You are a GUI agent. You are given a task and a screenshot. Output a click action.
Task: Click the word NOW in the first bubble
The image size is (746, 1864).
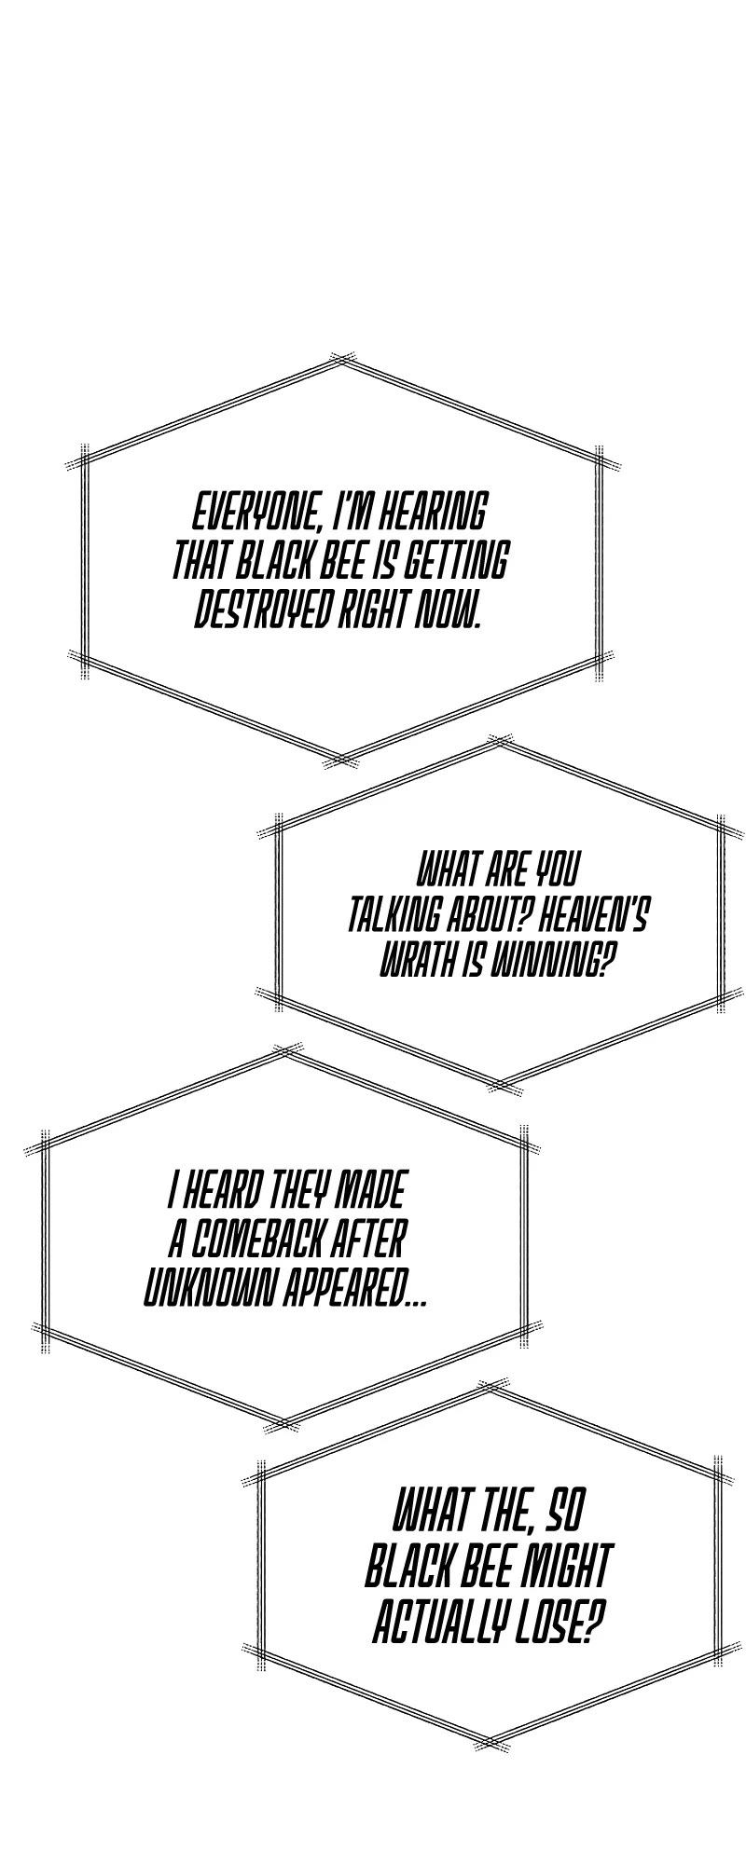tap(449, 610)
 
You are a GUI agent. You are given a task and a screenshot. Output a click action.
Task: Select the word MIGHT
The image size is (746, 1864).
tap(563, 1567)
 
